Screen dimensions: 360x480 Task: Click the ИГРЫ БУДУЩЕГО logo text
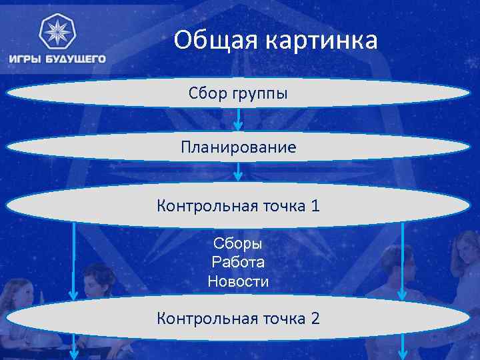coord(57,59)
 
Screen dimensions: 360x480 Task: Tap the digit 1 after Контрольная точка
coord(315,206)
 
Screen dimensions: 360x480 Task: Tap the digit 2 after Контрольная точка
coord(315,319)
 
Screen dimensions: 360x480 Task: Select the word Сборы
coord(238,243)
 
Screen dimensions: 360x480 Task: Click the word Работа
coord(238,263)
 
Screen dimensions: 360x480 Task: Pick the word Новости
coord(238,282)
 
